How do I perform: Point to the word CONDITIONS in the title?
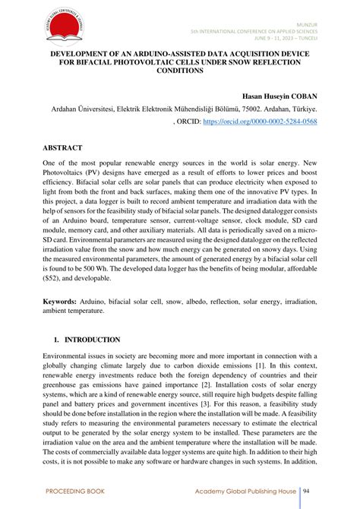click(x=180, y=71)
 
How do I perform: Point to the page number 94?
click(x=308, y=492)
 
